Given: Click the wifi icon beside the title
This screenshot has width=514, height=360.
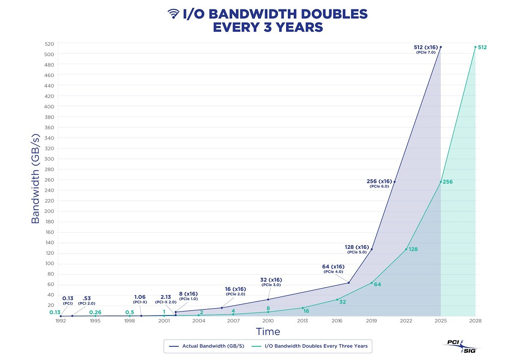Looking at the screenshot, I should pyautogui.click(x=173, y=14).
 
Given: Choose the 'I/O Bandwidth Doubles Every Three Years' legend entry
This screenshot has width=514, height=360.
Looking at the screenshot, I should pyautogui.click(x=312, y=346).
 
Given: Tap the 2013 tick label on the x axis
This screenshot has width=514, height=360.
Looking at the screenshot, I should pyautogui.click(x=302, y=321).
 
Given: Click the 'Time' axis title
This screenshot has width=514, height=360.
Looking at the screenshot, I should pyautogui.click(x=268, y=332).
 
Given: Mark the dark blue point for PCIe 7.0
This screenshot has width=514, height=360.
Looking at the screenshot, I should pyautogui.click(x=441, y=47).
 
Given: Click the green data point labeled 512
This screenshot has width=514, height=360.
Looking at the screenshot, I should pyautogui.click(x=475, y=47).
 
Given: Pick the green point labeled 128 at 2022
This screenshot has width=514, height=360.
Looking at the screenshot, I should pyautogui.click(x=406, y=249).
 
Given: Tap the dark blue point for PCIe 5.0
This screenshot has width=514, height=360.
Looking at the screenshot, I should pyautogui.click(x=371, y=249).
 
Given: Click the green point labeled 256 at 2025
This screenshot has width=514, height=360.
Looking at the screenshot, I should pyautogui.click(x=441, y=182).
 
